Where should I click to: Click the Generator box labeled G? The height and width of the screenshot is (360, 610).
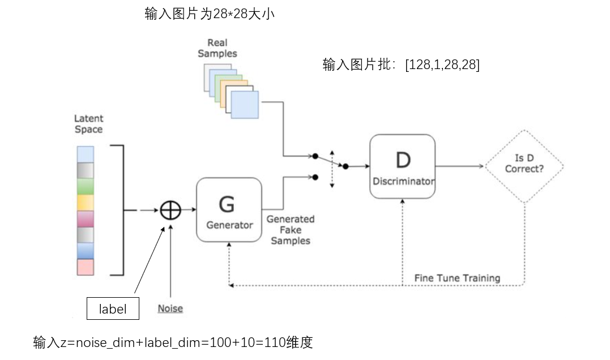pyautogui.click(x=229, y=209)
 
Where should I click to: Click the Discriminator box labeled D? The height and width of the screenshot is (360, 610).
pyautogui.click(x=402, y=166)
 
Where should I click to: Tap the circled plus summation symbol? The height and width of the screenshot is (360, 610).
pyautogui.click(x=170, y=210)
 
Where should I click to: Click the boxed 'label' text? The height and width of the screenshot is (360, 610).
pyautogui.click(x=112, y=309)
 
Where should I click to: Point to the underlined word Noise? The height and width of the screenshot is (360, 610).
pyautogui.click(x=170, y=308)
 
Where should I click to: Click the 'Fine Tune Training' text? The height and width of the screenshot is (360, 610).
pyautogui.click(x=457, y=278)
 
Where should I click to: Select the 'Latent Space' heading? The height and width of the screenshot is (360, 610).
pyautogui.click(x=89, y=124)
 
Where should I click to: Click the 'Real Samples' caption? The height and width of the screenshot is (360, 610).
pyautogui.click(x=217, y=48)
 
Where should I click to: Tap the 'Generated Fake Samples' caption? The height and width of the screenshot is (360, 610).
pyautogui.click(x=290, y=230)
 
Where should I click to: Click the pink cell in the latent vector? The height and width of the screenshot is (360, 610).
pyautogui.click(x=85, y=267)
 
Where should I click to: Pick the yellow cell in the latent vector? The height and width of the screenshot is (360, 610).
pyautogui.click(x=85, y=203)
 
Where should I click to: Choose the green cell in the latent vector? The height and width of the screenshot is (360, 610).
pyautogui.click(x=85, y=187)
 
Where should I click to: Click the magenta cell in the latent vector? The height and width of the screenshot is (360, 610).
pyautogui.click(x=85, y=219)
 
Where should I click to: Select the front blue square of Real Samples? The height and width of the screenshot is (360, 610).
pyautogui.click(x=245, y=104)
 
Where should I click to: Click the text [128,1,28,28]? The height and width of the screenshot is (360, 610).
pyautogui.click(x=442, y=65)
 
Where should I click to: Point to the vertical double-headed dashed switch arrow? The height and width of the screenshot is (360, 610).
pyautogui.click(x=332, y=169)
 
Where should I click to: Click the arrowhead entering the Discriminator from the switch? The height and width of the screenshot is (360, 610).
pyautogui.click(x=366, y=166)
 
